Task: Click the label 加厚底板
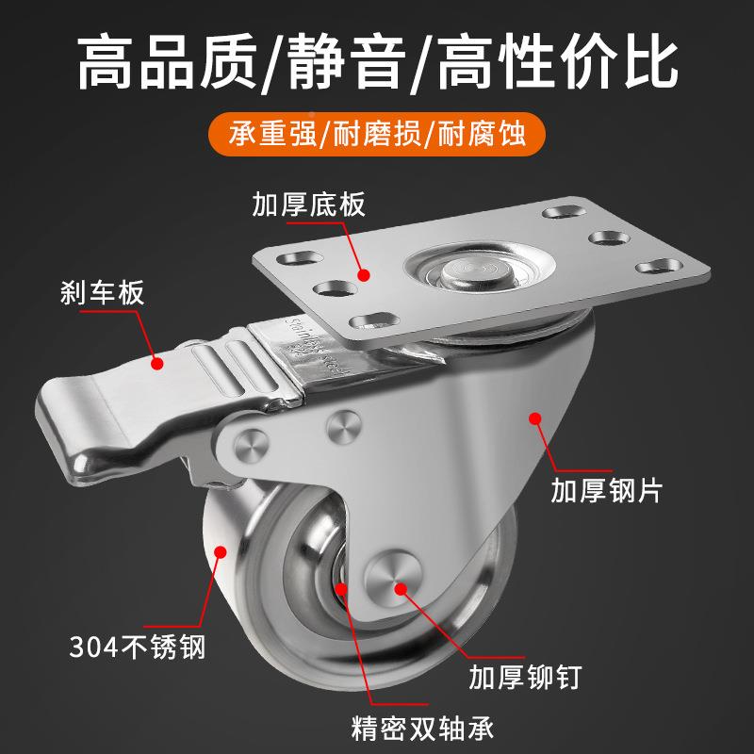pos(307,205)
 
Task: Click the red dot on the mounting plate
pos(363,274)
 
